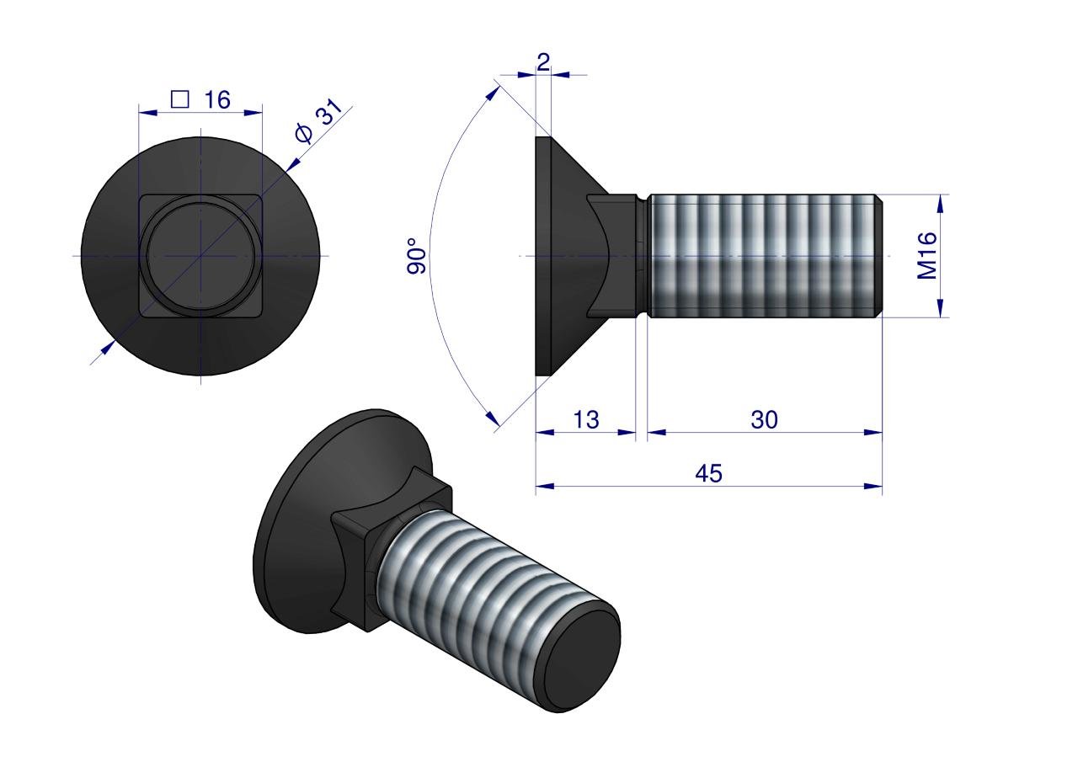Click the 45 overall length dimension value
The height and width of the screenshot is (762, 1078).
tap(708, 473)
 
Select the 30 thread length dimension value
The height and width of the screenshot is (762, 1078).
tap(764, 419)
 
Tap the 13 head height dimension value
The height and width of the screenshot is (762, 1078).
tap(586, 419)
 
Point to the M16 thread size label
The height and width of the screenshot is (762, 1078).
tap(927, 256)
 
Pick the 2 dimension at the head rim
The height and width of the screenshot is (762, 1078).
tap(542, 61)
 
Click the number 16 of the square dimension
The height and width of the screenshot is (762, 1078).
tap(216, 99)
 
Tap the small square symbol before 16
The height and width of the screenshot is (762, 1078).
tap(179, 99)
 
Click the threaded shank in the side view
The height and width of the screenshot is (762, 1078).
tap(762, 256)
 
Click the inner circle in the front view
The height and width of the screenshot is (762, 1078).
tap(201, 256)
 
